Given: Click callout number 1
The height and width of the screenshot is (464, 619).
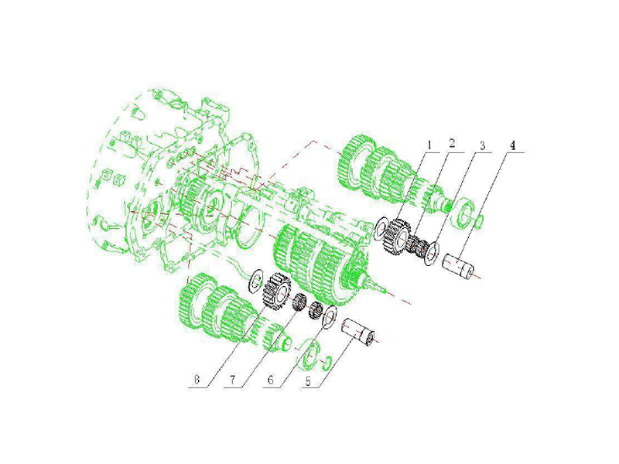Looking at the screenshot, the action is [x=429, y=145].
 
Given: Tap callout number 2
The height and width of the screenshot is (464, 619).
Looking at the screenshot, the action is [x=452, y=143].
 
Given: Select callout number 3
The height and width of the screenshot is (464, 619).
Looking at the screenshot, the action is [x=482, y=145].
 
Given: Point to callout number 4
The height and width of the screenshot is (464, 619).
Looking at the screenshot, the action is [x=512, y=145].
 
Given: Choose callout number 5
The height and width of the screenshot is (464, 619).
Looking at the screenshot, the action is [x=308, y=381].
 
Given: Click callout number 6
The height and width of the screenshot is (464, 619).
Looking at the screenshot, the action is [x=270, y=380].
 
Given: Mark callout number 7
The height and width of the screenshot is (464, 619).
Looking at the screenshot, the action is [x=233, y=380].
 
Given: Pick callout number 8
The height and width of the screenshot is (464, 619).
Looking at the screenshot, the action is [x=197, y=380].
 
